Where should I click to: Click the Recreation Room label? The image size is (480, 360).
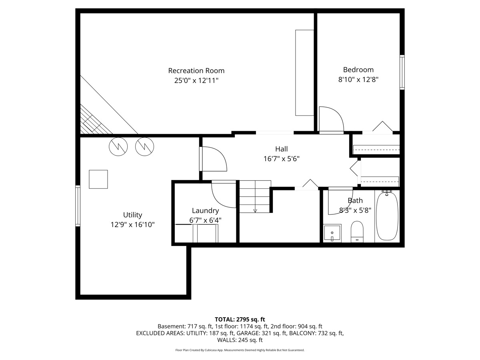coord(196,71)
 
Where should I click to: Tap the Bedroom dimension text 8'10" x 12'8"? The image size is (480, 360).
coord(358,79)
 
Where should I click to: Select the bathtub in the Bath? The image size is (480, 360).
coord(387,216)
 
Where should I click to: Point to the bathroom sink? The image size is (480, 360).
coord(332,233)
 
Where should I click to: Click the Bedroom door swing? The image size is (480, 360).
coord(332,119)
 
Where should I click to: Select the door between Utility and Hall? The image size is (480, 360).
coord(212,159)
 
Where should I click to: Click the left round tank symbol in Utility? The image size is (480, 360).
coord(118,146)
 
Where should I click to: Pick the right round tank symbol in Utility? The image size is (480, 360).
coord(145,146)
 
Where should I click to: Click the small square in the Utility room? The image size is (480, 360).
coord(98,179)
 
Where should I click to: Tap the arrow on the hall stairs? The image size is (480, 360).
coord(255,210)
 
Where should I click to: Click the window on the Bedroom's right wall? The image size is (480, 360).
coord(402,72)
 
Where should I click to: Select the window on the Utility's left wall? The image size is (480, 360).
coord(78,206)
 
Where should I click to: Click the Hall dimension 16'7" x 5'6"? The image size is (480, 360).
coord(281,158)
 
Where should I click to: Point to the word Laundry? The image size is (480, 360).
coord(205,211)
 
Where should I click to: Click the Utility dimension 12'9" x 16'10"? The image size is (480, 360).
coord(132,225)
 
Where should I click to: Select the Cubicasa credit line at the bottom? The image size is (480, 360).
coord(240,350)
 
